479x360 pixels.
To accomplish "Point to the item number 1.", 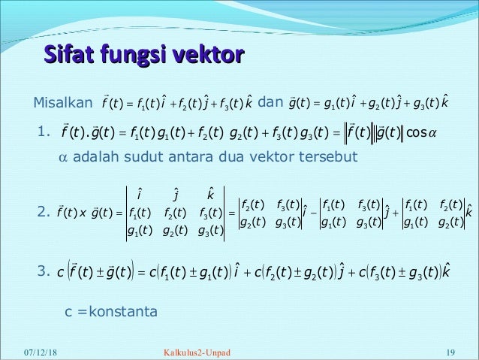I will click(x=44, y=133).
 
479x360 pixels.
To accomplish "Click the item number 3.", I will click(x=44, y=269).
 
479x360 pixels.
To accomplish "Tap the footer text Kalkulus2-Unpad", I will click(x=197, y=351).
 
